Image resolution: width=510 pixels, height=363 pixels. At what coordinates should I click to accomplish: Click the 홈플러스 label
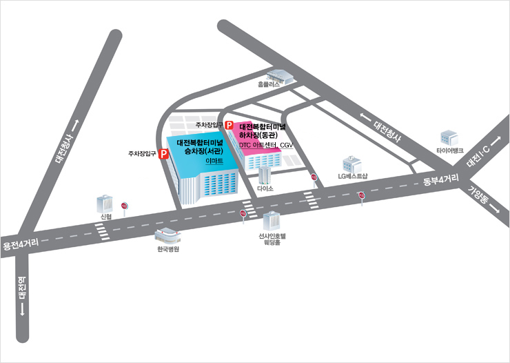[x=269, y=84]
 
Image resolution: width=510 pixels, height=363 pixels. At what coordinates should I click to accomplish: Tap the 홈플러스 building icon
[x=280, y=77]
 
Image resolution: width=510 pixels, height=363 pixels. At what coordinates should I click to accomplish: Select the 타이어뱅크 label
[x=450, y=150]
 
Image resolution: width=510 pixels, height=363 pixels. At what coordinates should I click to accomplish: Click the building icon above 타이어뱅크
[x=449, y=138]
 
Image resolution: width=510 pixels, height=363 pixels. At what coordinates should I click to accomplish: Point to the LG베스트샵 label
[x=353, y=176]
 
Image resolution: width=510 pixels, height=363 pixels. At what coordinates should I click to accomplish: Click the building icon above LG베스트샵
[x=352, y=165]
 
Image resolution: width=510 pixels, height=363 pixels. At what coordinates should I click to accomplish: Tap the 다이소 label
[x=265, y=188]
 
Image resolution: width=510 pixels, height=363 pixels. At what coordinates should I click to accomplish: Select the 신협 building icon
[x=105, y=204]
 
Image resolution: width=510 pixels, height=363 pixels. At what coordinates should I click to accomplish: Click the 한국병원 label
[x=168, y=249]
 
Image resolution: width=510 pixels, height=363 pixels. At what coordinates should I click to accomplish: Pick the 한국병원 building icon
[x=167, y=236]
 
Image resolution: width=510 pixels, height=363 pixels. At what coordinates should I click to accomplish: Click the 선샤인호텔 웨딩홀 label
[x=272, y=239]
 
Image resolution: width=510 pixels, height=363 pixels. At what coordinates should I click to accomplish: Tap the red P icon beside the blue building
[x=163, y=154]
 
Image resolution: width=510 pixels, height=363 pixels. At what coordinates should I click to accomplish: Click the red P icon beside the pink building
[x=229, y=125]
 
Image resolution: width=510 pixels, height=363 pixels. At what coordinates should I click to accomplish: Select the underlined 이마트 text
[x=214, y=161]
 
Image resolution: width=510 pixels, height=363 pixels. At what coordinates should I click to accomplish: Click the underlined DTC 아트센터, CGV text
[x=266, y=145]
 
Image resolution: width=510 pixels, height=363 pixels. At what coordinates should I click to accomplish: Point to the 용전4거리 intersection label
[x=21, y=244]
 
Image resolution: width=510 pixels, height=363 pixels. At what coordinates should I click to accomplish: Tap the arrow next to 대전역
[x=23, y=310]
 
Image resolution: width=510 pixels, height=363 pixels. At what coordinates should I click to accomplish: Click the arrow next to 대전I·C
[x=496, y=141]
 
